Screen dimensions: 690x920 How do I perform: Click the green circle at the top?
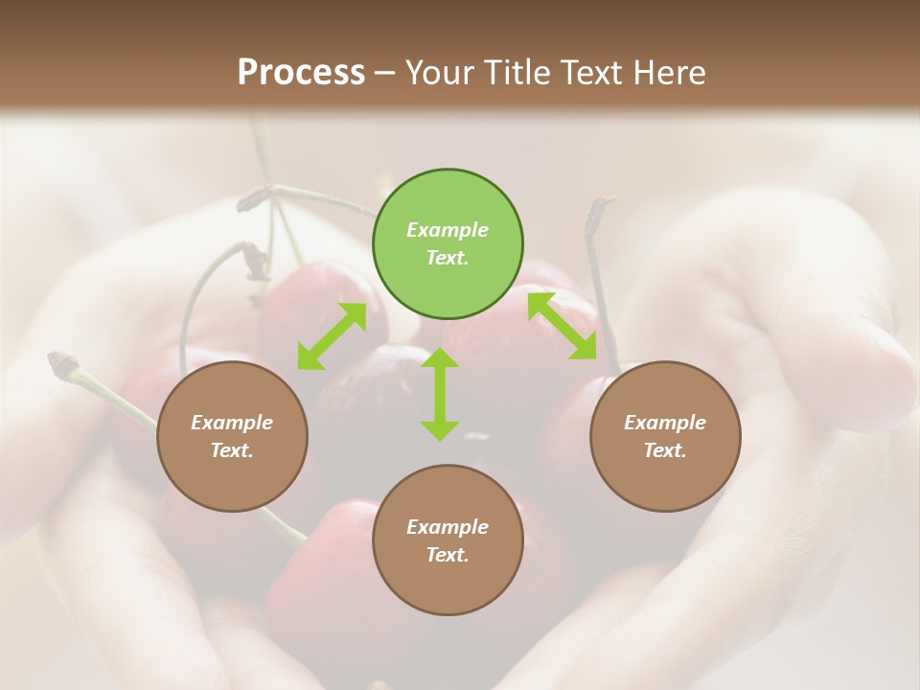pos(448,244)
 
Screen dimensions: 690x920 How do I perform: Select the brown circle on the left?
pos(232,436)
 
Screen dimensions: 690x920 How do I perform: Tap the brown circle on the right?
pos(665,436)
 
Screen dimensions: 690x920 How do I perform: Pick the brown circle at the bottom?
pos(448,540)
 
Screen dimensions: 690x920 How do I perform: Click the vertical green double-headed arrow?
pos(440,394)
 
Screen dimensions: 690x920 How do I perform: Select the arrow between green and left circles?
pos(332,336)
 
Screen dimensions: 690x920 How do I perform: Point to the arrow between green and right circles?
pos(562,326)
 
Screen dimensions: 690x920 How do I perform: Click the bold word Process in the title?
pos(301,72)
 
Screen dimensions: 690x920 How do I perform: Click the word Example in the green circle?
pos(448,230)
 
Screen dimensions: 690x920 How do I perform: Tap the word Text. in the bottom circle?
pos(448,555)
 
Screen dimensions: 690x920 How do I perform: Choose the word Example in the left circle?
pos(232,423)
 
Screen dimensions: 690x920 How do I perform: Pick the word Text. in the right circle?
pos(665,450)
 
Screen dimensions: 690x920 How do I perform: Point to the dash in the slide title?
pos(385,73)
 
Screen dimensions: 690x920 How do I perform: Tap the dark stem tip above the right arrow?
pos(603,203)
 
